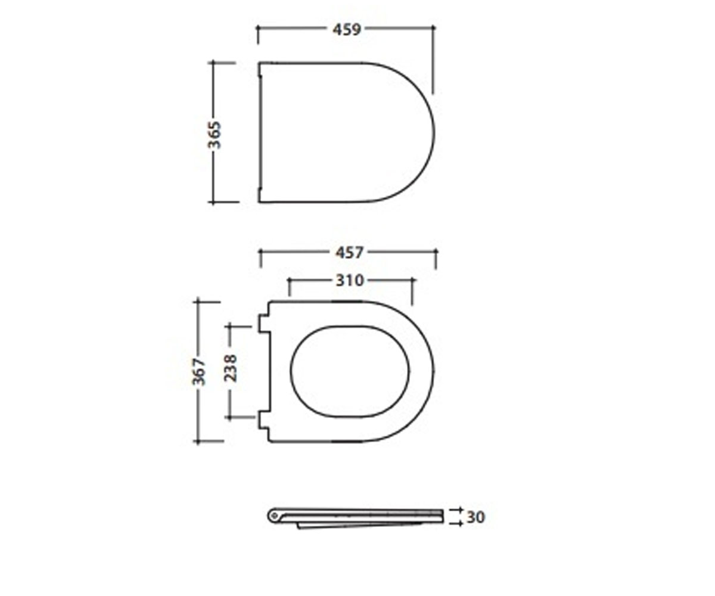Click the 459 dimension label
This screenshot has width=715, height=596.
pos(347,29)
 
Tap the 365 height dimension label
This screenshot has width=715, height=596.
pos(214,135)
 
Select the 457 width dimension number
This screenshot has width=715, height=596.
pos(349,253)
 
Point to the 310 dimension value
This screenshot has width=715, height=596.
pos(350,281)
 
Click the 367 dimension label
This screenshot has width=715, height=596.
pos(199,372)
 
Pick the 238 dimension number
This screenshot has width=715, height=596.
pos(231,368)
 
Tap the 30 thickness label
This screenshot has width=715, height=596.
pos(476,517)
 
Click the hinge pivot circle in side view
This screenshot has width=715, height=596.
pos(273,515)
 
